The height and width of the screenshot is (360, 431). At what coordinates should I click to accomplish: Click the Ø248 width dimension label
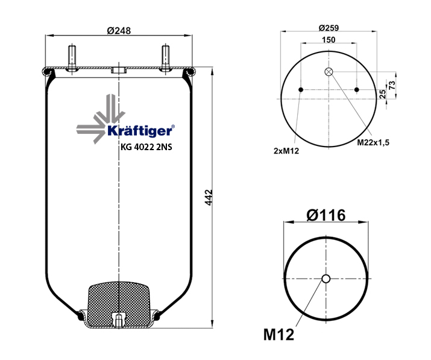(119, 30)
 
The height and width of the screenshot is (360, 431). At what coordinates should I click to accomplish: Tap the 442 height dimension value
(209, 197)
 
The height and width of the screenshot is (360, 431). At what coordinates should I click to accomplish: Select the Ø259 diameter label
(329, 28)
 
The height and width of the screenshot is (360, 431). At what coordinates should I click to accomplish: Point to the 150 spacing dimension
(329, 40)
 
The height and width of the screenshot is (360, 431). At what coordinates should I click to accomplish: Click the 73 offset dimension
(392, 85)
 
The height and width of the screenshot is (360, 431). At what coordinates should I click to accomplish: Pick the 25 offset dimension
(382, 94)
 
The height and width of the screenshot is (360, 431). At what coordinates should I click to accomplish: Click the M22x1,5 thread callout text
(373, 142)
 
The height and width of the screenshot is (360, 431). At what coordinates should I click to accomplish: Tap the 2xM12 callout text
(286, 151)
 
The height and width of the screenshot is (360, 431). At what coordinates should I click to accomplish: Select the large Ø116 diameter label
(326, 215)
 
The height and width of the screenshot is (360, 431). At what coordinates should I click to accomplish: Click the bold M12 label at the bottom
(278, 335)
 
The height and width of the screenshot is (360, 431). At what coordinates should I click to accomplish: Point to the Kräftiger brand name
(140, 131)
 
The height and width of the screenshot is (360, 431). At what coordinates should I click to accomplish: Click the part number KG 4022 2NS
(146, 147)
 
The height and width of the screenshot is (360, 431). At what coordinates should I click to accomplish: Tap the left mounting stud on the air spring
(72, 58)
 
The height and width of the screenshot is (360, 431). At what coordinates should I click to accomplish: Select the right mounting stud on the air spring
(166, 58)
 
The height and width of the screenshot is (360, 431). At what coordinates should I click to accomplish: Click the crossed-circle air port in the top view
(329, 72)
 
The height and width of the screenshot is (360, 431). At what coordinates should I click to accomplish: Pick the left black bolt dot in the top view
(301, 90)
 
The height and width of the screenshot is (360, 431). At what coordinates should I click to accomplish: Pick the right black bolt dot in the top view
(357, 90)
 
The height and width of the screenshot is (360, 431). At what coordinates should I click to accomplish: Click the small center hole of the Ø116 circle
(326, 279)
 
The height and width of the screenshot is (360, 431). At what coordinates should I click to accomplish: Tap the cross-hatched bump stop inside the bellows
(119, 304)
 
